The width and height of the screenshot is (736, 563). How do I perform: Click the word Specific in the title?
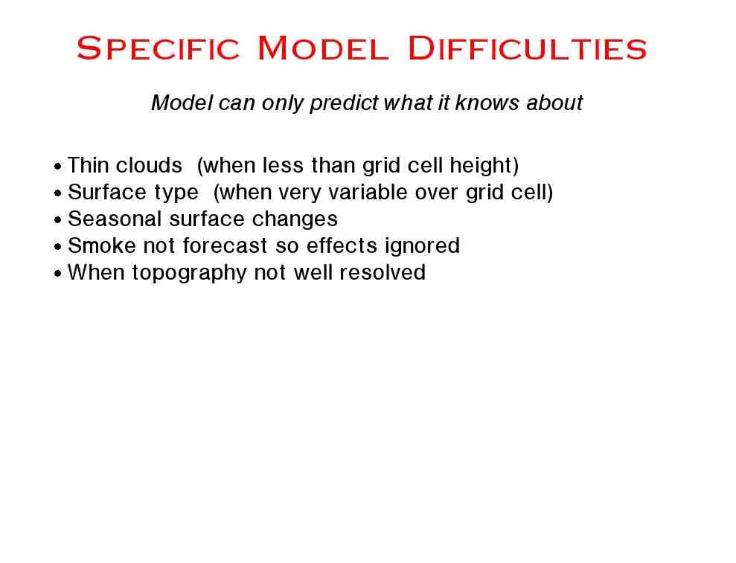(x=159, y=48)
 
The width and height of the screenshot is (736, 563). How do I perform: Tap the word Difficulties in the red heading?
(x=528, y=48)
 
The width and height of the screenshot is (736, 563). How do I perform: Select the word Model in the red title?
(x=324, y=48)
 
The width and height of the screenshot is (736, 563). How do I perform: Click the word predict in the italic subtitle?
(x=344, y=103)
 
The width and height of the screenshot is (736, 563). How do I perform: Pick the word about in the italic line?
(x=554, y=103)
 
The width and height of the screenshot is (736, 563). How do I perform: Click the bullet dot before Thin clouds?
(x=58, y=167)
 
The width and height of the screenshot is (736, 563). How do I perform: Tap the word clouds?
(x=149, y=165)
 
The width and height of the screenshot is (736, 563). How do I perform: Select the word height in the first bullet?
(x=481, y=166)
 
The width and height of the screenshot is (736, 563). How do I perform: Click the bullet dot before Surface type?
(x=58, y=193)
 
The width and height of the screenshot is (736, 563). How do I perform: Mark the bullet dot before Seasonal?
(x=58, y=220)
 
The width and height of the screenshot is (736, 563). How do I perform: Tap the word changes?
(x=295, y=219)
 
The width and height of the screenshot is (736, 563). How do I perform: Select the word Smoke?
(x=102, y=246)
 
